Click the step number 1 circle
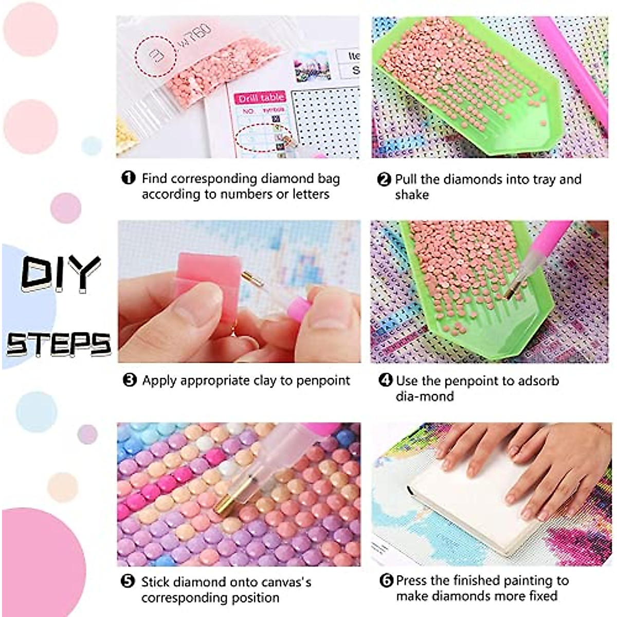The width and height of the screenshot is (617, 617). tap(128, 178)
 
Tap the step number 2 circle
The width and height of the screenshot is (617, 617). tap(384, 179)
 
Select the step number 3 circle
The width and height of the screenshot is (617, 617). tap(130, 380)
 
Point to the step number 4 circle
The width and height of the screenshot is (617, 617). tap(385, 380)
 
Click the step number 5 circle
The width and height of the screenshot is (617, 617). tap(128, 582)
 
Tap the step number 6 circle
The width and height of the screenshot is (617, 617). tap(386, 580)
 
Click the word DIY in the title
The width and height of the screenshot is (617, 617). tap(61, 273)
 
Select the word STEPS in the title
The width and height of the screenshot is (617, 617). tap(59, 344)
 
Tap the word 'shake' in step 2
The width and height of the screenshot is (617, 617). tap(412, 195)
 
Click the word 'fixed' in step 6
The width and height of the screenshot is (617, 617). tap(543, 596)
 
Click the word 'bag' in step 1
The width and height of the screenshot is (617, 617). tap(329, 178)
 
